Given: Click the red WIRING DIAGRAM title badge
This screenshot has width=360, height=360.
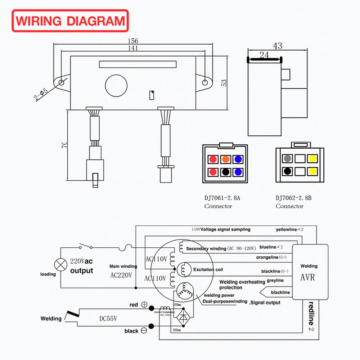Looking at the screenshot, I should (x=70, y=21).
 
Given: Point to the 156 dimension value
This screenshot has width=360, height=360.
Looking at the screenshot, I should (x=133, y=41).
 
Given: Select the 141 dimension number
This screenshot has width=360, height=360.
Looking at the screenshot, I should (x=133, y=48).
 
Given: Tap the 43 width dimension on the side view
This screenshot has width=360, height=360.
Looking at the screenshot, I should (x=278, y=46).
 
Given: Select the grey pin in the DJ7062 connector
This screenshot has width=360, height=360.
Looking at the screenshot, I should (x=288, y=158).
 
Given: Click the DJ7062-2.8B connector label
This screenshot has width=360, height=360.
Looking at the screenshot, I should (x=293, y=198).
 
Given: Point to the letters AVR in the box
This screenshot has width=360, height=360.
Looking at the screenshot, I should (x=307, y=278).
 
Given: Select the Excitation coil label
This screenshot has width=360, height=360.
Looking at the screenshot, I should (x=208, y=270).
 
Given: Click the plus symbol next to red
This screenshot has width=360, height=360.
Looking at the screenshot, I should (x=144, y=305).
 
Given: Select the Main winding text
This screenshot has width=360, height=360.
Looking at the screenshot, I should (x=123, y=266).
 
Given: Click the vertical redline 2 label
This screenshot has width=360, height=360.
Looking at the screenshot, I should (x=310, y=316).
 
